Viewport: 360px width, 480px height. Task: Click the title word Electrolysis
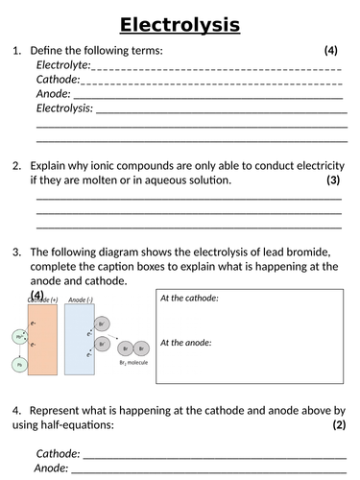180,25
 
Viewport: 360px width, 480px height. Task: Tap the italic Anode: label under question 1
54,94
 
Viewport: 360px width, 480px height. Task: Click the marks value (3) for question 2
333,180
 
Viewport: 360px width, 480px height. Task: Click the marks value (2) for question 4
338,424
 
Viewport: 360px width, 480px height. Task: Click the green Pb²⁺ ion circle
18,338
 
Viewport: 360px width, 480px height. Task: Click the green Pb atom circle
18,365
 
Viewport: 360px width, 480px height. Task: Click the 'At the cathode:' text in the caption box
189,299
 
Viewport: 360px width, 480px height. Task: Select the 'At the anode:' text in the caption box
185,343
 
